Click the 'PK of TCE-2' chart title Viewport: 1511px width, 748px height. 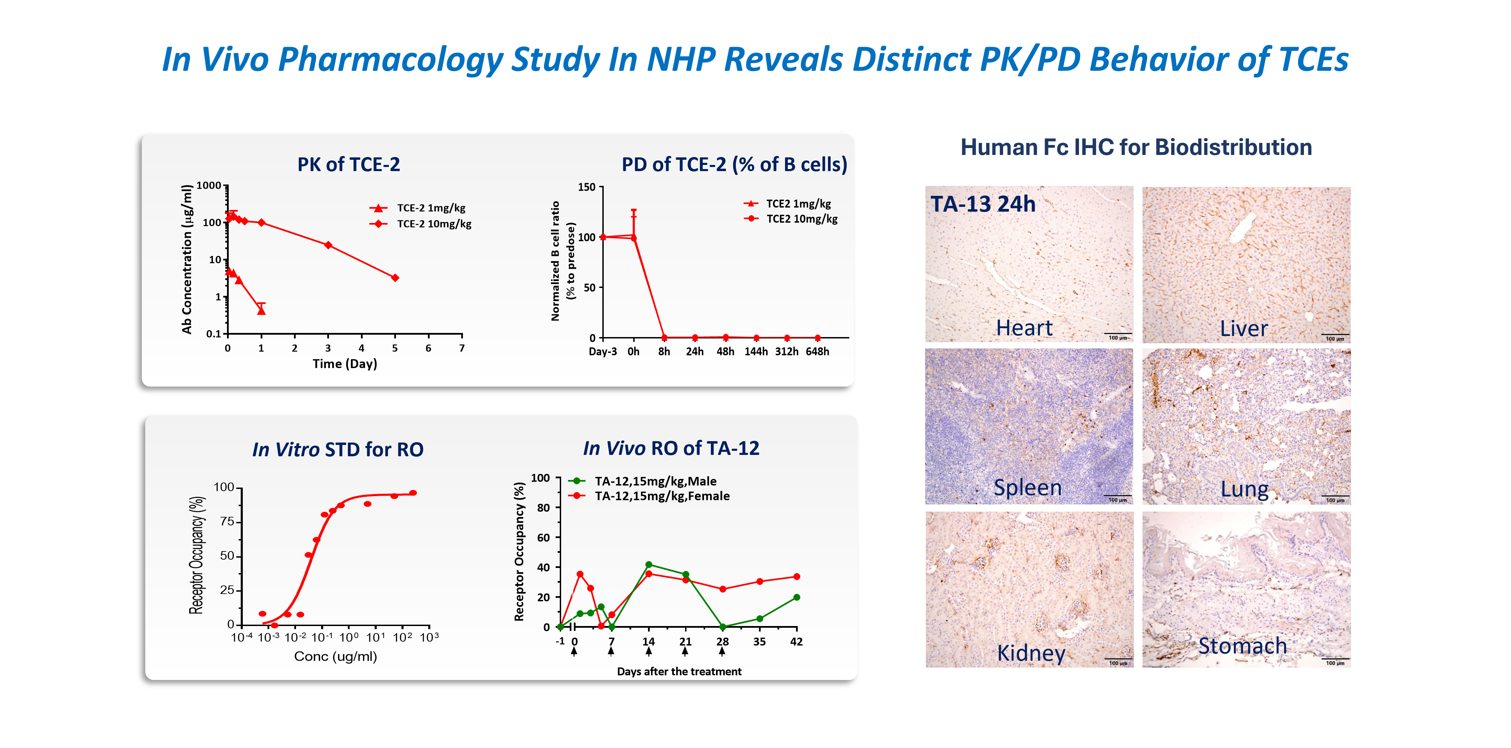349,164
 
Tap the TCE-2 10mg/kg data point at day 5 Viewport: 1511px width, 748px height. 395,278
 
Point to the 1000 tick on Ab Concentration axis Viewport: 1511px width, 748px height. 209,186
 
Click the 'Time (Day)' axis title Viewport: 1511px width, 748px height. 344,364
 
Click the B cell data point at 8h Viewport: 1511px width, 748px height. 664,337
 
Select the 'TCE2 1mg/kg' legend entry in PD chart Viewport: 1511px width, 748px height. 798,203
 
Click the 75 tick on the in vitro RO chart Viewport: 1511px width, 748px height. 227,522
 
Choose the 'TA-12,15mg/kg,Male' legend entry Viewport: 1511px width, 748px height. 655,481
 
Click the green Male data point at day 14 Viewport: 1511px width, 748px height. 648,565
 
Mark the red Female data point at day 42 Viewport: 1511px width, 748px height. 796,577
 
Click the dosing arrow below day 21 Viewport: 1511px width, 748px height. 685,651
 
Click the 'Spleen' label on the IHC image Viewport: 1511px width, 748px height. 1027,488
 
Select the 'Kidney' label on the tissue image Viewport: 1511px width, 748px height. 1031,652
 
